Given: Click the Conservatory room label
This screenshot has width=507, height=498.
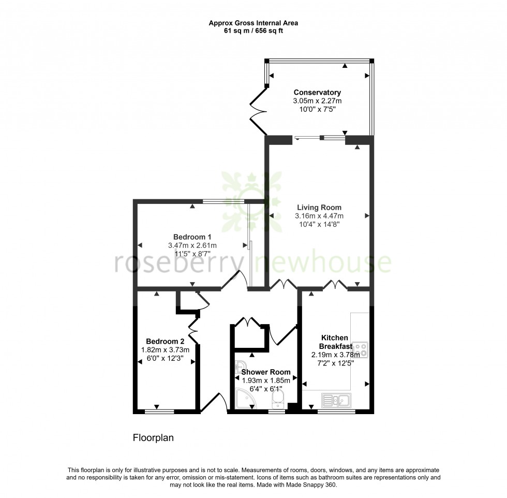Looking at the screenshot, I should [317, 93].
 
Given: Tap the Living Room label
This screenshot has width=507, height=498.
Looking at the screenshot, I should [319, 208].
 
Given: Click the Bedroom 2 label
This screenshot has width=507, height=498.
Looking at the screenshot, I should [165, 341].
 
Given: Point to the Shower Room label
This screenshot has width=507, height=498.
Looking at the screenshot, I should [265, 372].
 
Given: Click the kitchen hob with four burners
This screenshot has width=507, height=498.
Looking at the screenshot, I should [360, 350].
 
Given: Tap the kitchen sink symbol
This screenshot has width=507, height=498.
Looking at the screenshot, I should [335, 399].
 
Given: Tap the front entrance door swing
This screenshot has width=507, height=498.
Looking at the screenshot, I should [213, 403].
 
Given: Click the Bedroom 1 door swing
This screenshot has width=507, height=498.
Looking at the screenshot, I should [232, 280].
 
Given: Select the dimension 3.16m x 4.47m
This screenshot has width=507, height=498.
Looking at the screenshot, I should [319, 216].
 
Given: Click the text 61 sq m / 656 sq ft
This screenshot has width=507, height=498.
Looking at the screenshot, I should [253, 31].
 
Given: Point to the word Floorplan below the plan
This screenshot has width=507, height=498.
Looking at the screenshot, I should [153, 438].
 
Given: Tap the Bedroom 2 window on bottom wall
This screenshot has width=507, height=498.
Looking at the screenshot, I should [158, 412].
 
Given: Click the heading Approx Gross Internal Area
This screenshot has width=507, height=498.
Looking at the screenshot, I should [253, 23].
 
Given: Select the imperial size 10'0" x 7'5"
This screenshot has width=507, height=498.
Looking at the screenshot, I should [317, 109].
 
